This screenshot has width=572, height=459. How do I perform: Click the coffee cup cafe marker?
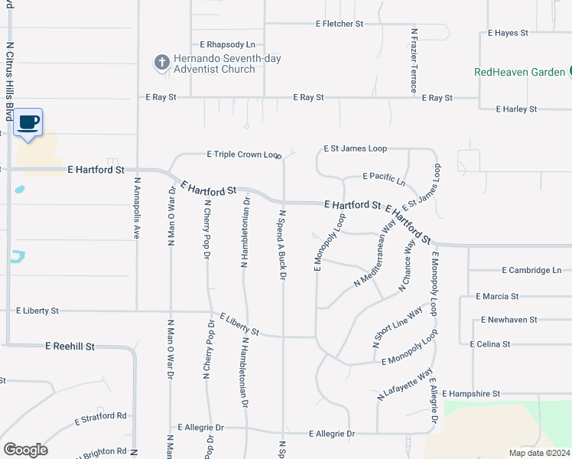[28, 123]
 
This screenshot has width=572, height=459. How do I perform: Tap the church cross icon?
[161, 63]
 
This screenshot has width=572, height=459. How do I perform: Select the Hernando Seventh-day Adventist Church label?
[214, 63]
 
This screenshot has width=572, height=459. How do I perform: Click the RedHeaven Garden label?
[519, 72]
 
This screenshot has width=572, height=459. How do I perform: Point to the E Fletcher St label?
[340, 24]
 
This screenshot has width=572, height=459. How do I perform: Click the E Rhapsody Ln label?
[227, 45]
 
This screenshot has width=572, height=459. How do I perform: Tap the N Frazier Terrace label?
[414, 61]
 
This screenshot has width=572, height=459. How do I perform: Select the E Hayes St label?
[508, 34]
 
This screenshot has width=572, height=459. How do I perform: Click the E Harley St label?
[516, 109]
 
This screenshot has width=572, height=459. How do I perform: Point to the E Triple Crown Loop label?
[244, 155]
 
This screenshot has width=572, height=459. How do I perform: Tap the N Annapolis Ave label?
[137, 209]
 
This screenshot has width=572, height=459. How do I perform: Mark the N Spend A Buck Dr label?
[282, 244]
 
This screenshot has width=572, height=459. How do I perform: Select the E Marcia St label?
[497, 296]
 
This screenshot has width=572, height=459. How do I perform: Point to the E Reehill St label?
[70, 347]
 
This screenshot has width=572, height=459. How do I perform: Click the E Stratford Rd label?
[100, 419]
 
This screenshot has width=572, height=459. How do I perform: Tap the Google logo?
[25, 450]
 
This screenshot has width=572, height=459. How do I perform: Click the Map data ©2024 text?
[539, 453]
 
